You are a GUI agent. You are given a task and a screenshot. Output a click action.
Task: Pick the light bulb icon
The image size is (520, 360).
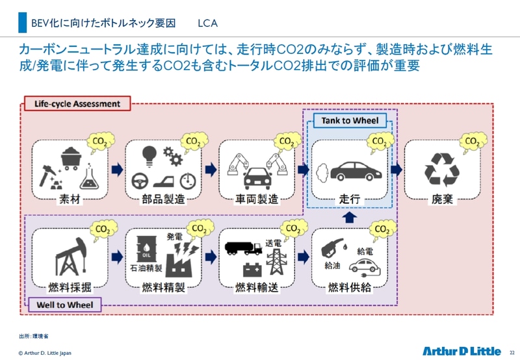click(x=149, y=154)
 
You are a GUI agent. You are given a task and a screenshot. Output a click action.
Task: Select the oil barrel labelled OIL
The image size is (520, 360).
click(x=145, y=248)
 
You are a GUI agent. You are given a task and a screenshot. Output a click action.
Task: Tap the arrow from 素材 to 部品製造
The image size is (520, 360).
click(x=117, y=170)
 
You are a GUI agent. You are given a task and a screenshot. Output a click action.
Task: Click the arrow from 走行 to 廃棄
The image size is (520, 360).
click(x=396, y=170)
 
